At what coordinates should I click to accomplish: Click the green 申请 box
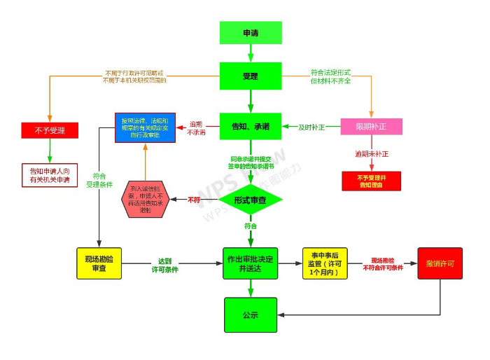click(x=251, y=33)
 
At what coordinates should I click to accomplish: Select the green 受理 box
click(x=251, y=76)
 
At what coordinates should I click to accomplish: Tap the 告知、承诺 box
click(x=251, y=127)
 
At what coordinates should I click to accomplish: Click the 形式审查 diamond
click(x=251, y=200)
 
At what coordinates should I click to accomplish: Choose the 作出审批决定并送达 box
click(x=251, y=263)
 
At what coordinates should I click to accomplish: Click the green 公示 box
click(x=251, y=315)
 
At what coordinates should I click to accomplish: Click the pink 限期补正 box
click(x=371, y=127)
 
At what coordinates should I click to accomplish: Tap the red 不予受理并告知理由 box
click(x=371, y=181)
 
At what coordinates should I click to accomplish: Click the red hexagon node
click(x=145, y=200)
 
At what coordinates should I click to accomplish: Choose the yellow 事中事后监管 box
click(x=325, y=263)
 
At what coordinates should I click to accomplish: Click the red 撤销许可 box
click(x=440, y=263)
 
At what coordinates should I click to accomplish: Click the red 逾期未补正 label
click(x=371, y=153)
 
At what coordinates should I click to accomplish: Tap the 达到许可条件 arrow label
click(x=165, y=264)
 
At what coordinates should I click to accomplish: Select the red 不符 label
click(x=194, y=200)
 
